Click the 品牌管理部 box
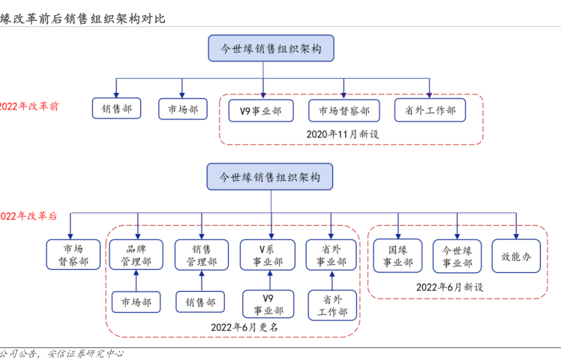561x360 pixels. pos(136,255)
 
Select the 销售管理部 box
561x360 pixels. pos(201,255)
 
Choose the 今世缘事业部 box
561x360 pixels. pos(457,256)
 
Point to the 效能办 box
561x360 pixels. pos(516,256)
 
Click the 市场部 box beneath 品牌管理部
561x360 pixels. pos(136,302)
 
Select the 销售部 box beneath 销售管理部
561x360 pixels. pos(201,302)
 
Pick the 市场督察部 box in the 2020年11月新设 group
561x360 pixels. pos(343,110)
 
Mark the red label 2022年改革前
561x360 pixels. pos(29,106)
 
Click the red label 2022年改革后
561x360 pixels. pos(28,216)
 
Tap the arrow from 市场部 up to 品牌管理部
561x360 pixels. pos(136,280)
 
